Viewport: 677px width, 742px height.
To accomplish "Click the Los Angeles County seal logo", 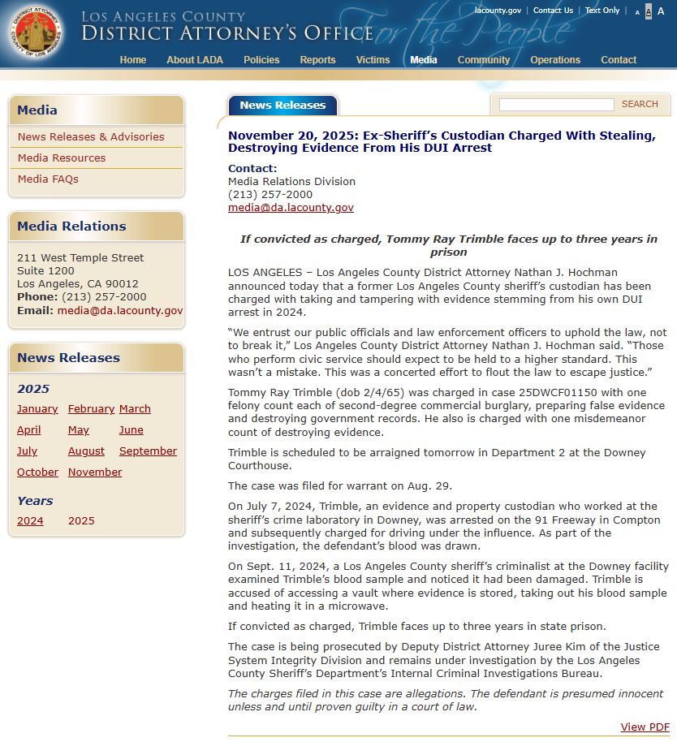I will [34, 34].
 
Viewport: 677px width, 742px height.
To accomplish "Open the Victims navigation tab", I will [373, 60].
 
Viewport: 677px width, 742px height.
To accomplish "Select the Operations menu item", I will [555, 60].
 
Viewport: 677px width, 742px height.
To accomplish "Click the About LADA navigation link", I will [195, 60].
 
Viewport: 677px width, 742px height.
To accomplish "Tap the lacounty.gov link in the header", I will [498, 11].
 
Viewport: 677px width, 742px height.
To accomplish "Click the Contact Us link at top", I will [553, 11].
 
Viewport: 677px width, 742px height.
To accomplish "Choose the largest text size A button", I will [661, 11].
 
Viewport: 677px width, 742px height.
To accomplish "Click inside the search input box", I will [556, 105].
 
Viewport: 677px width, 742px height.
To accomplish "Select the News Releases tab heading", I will [282, 106].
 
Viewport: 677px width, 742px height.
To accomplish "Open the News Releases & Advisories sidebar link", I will [91, 137].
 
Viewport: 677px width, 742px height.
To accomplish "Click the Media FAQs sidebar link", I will [48, 179].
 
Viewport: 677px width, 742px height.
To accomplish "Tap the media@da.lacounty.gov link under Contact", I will [291, 208].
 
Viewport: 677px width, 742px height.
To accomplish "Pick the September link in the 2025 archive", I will [148, 451].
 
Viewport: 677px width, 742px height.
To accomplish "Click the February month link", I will [91, 409].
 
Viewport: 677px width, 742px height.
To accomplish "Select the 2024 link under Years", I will [30, 521].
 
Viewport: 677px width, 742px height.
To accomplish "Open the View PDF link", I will [645, 727].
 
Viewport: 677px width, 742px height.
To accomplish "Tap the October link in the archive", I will [37, 472].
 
